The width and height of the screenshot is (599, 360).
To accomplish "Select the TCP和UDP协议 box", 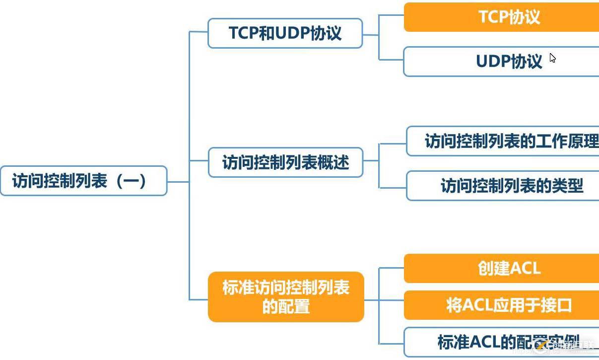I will click(285, 33).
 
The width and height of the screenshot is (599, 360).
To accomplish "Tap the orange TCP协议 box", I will click(501, 17).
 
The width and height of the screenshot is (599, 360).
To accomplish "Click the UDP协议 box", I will click(501, 62).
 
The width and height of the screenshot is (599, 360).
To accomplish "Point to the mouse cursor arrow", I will click(552, 58).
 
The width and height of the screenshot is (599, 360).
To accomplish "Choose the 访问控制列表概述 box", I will click(285, 162).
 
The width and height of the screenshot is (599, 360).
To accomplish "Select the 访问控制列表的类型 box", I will click(502, 186).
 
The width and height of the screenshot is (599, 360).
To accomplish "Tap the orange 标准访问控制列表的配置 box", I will click(286, 297).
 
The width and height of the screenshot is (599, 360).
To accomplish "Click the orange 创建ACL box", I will click(501, 269).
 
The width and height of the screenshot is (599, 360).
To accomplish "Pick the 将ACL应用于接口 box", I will click(501, 305).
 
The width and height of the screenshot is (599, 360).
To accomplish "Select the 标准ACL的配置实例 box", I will click(501, 342).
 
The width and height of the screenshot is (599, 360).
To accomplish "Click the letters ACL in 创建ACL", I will click(525, 269).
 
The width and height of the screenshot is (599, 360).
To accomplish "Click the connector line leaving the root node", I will click(178, 181).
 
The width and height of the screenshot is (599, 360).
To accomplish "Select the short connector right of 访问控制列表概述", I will click(371, 161).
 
